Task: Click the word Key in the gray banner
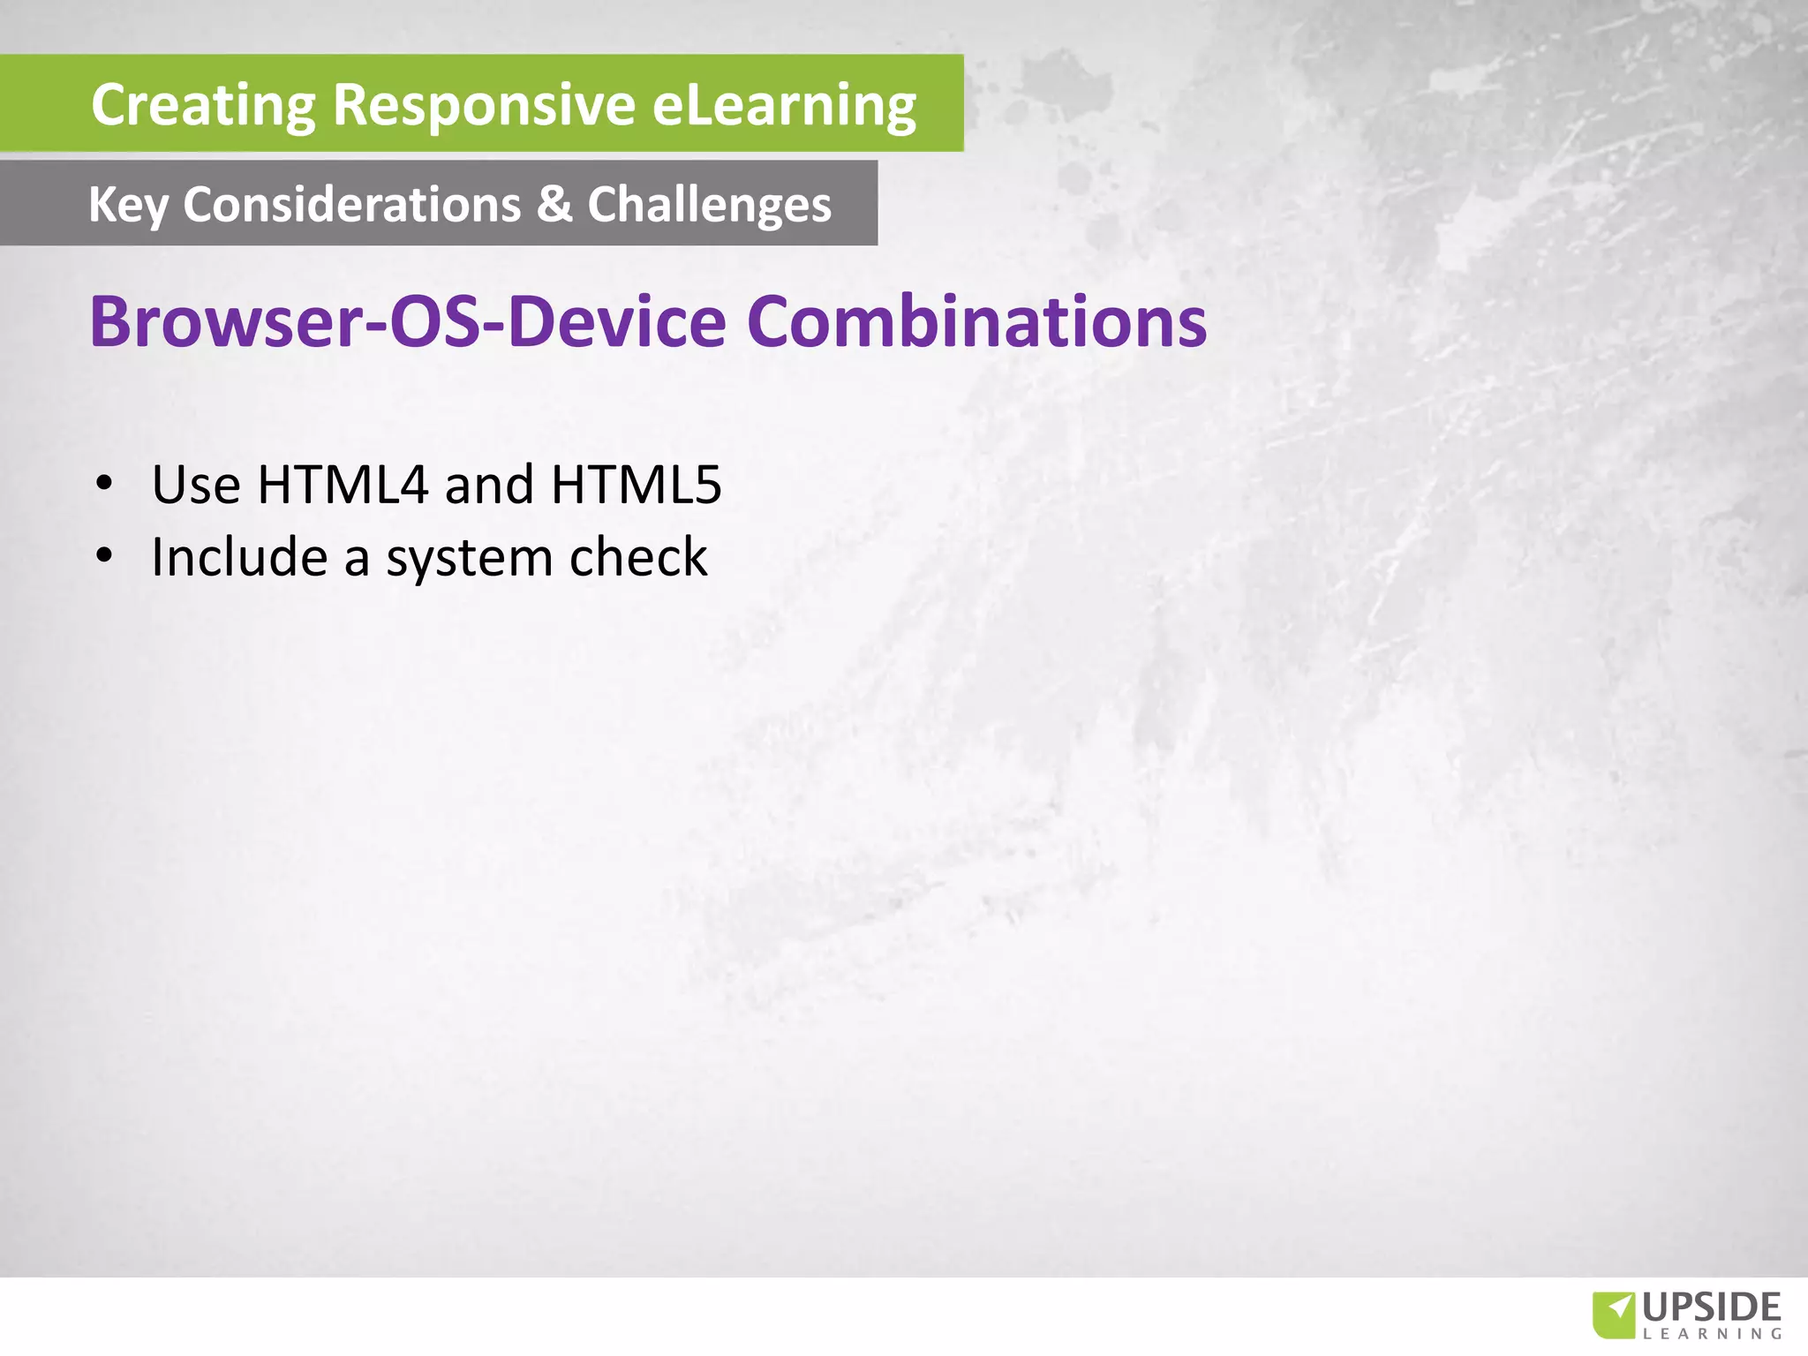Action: coord(127,205)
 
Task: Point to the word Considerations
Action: coord(351,205)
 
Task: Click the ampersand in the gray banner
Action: coord(554,204)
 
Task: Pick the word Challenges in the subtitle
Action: coord(709,205)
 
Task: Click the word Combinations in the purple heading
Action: coord(976,321)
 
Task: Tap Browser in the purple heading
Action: coord(226,321)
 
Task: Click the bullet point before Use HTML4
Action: coord(105,483)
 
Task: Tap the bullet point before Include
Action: coord(105,555)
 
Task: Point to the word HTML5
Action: coord(636,485)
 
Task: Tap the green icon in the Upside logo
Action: coord(1613,1315)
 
